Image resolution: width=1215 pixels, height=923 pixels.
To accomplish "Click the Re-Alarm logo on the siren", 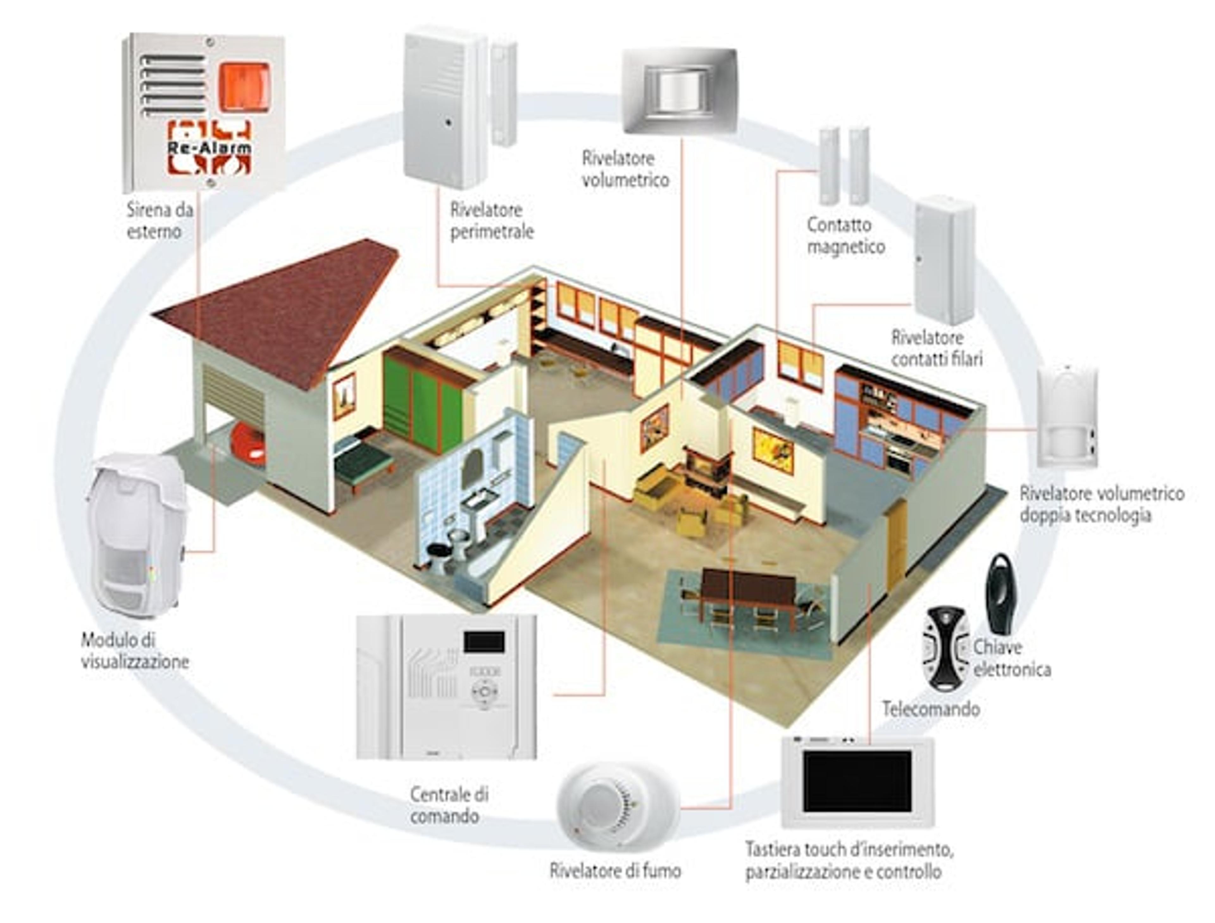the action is click(209, 147).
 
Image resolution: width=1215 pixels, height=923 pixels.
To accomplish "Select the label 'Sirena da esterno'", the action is click(160, 220).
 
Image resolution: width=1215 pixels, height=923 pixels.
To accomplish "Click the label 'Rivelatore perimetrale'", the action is click(492, 220).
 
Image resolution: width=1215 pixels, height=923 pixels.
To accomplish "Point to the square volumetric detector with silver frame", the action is click(680, 91).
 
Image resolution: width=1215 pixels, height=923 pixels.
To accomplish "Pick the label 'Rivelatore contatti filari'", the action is click(936, 348).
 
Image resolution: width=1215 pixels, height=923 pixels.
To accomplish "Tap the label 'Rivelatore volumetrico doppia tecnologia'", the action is click(1101, 504).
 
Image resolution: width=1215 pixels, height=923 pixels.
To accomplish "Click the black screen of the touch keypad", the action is click(857, 781).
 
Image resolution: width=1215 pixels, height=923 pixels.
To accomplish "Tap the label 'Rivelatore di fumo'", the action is click(615, 870).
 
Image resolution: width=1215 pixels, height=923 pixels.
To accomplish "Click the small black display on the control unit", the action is click(483, 642).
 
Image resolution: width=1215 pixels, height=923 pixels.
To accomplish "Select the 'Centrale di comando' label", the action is click(449, 805).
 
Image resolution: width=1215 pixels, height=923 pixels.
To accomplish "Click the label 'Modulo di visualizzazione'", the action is click(135, 650).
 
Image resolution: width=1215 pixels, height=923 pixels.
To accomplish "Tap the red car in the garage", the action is click(248, 443).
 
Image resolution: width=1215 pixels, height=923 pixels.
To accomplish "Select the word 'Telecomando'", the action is click(931, 709).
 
